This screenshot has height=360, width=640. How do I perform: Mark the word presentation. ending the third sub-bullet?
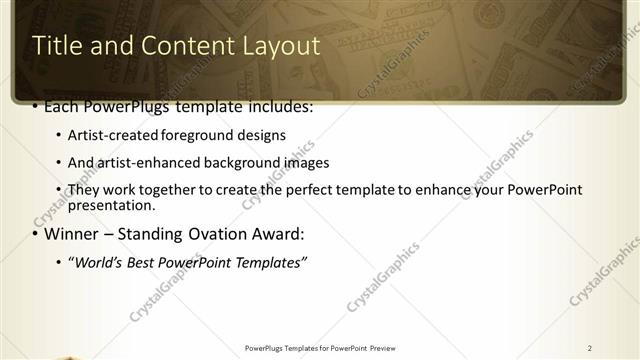111,206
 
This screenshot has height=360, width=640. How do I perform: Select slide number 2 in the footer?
590,348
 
